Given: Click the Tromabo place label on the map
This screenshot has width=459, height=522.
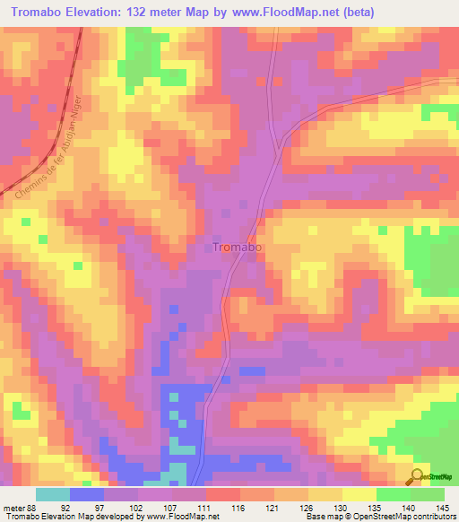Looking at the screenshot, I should [238, 248].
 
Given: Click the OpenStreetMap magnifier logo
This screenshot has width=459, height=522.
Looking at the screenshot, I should [420, 476].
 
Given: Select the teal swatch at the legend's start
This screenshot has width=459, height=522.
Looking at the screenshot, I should [52, 494].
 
